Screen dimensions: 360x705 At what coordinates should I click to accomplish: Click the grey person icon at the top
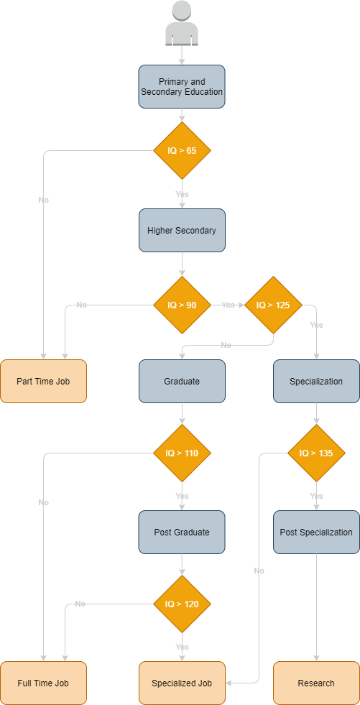182,24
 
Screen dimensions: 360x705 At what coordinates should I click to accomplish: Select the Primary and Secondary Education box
182,87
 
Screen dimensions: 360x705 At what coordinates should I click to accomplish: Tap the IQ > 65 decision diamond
182,151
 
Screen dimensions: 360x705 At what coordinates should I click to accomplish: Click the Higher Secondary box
182,230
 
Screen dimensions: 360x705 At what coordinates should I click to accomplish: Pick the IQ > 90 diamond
182,305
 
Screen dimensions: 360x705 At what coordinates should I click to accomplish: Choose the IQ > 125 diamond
273,305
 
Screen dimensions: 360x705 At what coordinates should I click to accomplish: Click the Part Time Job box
43,382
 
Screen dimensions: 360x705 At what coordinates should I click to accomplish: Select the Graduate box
182,382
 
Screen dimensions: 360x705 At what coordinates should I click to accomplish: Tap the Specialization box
316,382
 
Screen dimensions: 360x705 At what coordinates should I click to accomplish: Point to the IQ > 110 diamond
182,453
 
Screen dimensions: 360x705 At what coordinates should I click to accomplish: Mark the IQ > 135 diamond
316,453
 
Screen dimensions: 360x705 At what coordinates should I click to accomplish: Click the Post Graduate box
182,532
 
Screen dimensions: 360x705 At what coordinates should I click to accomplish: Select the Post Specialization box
316,532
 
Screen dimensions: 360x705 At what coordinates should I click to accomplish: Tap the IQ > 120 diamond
182,604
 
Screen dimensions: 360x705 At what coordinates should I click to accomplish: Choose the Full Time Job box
43,683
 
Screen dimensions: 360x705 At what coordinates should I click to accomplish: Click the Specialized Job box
182,683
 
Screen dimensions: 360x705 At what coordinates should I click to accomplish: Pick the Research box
316,683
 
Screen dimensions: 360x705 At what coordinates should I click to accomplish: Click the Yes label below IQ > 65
182,194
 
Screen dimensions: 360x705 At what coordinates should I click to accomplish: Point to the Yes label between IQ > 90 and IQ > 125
228,305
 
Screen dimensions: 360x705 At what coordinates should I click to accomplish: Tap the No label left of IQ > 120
80,604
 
